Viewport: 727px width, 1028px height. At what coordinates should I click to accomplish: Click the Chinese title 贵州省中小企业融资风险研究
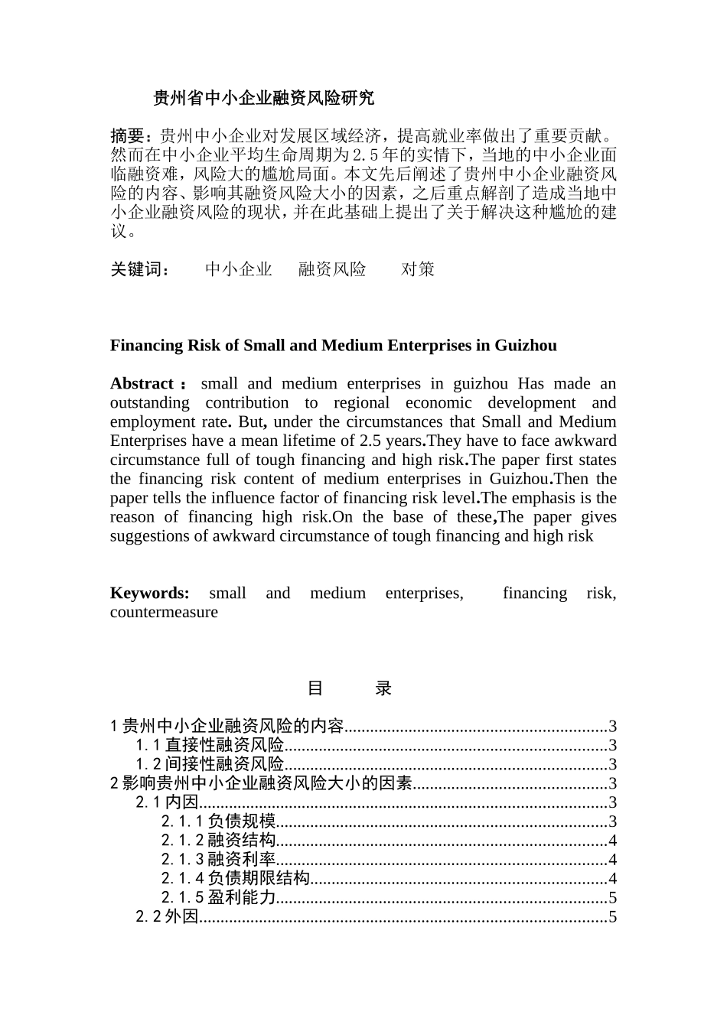(263, 98)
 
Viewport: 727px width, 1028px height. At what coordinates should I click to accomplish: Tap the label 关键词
(139, 269)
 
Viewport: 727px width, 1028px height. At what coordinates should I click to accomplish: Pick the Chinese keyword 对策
(418, 269)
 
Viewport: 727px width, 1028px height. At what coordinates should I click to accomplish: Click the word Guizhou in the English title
(526, 345)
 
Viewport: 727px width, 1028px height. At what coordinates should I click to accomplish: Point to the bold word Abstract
(142, 383)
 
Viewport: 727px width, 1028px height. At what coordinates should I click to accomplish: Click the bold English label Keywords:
(150, 593)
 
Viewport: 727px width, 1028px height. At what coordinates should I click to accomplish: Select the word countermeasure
(164, 612)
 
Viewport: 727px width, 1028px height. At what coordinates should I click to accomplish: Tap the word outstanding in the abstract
(149, 402)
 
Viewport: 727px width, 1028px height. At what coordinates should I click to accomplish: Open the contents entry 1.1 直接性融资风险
(210, 745)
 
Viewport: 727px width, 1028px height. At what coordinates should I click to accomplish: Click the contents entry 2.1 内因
(167, 802)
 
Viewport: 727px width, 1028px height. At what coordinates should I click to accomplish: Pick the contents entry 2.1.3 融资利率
(218, 860)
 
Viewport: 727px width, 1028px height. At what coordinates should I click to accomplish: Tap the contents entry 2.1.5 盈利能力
(218, 898)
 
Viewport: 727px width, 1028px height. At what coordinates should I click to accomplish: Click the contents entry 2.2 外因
(167, 917)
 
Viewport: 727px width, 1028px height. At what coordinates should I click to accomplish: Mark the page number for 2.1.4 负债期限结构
(612, 879)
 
